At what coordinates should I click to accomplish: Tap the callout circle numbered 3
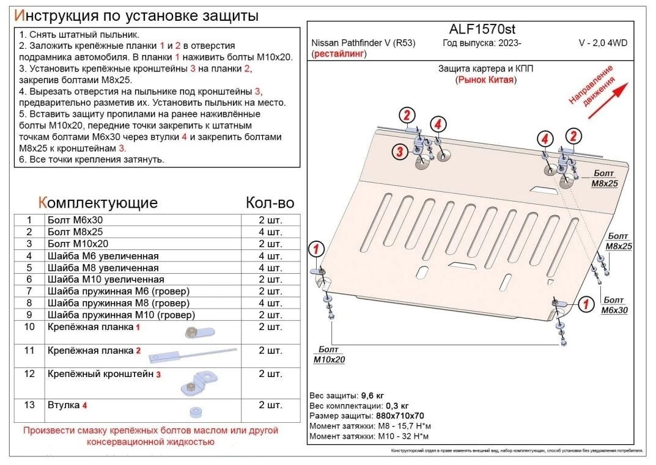pos(399,152)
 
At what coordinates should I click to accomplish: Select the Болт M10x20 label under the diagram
pos(329,354)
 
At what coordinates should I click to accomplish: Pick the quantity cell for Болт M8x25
pos(270,232)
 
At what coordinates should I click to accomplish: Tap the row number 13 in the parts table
pos(28,405)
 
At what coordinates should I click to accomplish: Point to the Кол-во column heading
pos(270,203)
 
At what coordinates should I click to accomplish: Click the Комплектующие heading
pos(98,203)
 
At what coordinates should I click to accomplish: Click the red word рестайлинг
pos(339,54)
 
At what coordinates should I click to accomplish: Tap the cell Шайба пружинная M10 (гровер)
pos(121,315)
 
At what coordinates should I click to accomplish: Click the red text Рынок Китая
pos(485,80)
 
